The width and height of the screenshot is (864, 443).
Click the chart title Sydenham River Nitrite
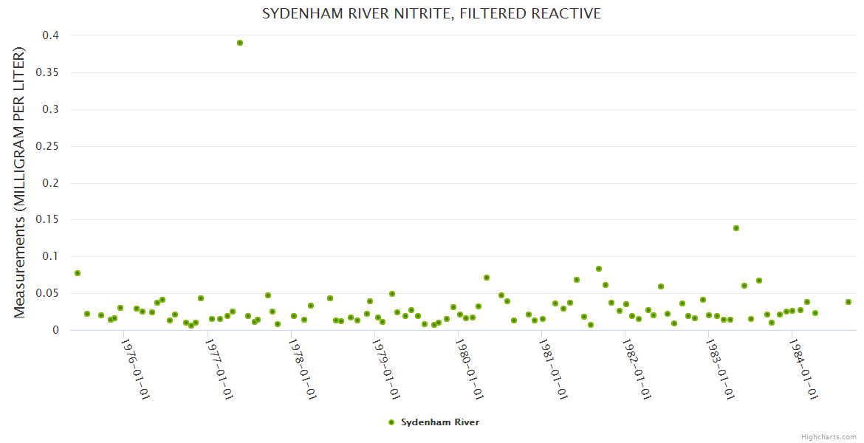click(432, 14)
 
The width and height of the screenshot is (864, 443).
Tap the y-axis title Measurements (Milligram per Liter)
click(20, 182)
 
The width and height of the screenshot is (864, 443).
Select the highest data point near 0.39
click(240, 43)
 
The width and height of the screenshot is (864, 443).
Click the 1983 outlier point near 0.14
click(736, 228)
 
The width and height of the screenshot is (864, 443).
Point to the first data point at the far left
click(78, 273)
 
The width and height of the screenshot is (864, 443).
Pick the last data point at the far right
click(848, 302)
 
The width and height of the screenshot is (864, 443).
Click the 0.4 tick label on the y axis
click(50, 35)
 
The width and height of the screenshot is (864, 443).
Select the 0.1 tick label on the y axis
click(50, 257)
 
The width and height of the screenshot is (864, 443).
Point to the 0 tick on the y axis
click(55, 330)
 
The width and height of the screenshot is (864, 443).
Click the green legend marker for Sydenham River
click(391, 422)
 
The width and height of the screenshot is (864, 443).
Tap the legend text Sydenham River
click(440, 422)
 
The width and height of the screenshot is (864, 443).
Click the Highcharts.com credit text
click(829, 436)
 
